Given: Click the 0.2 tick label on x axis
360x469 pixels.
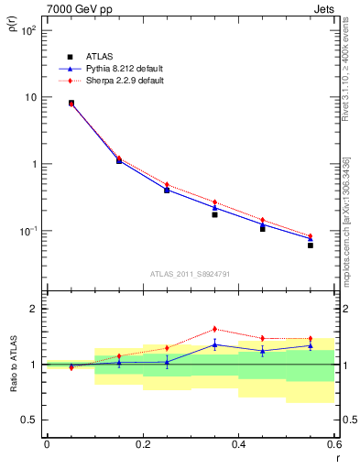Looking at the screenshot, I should coord(142,443).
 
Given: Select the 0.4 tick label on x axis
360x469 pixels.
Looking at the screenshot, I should coord(238,443).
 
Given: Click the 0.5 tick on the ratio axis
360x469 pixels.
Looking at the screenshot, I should coord(30,420).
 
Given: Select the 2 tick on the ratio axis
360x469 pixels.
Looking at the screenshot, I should coord(36,309).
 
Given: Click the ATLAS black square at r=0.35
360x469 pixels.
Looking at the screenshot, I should coord(214,214).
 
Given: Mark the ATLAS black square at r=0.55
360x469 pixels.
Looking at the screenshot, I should coord(311,245).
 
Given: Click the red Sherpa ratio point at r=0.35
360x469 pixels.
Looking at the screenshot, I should coord(214,329).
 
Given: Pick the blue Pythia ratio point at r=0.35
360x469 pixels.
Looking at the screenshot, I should coord(214,344).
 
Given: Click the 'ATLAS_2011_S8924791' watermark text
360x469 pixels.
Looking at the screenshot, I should coord(190,273).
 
